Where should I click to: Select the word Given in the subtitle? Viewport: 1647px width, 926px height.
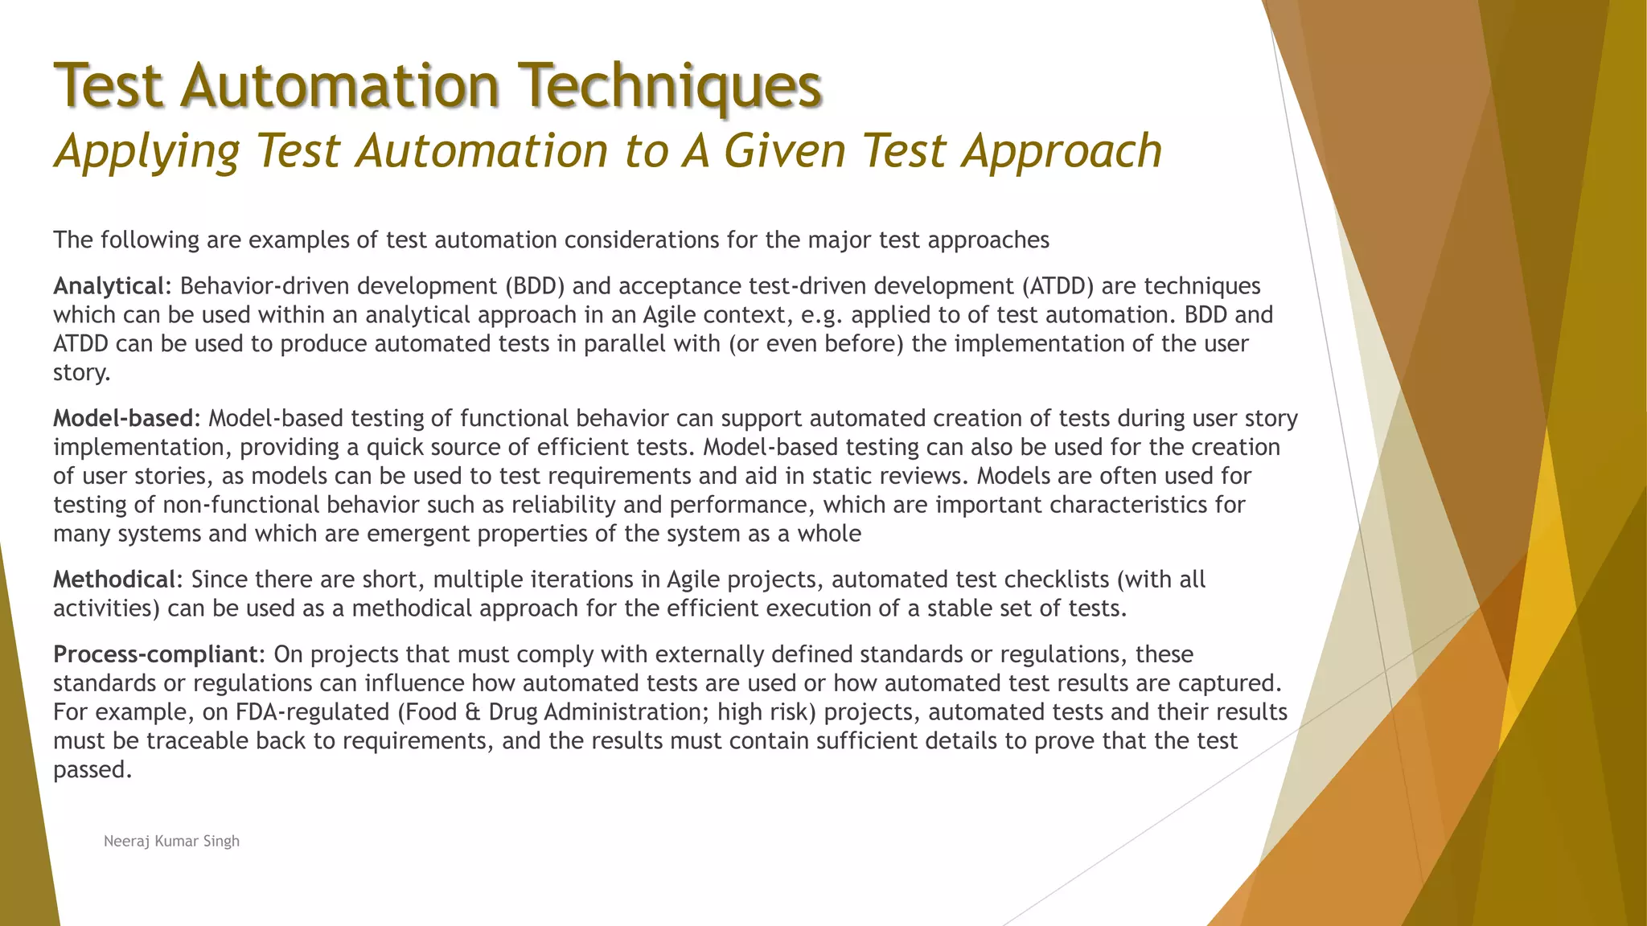pyautogui.click(x=785, y=151)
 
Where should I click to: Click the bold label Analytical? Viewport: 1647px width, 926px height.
pyautogui.click(x=109, y=286)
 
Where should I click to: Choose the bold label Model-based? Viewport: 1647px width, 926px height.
pyautogui.click(x=123, y=418)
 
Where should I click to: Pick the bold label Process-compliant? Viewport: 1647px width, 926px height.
pyautogui.click(x=154, y=654)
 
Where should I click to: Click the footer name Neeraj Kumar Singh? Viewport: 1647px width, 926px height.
pyautogui.click(x=171, y=842)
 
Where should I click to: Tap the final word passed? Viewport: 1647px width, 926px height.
pyautogui.click(x=92, y=770)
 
